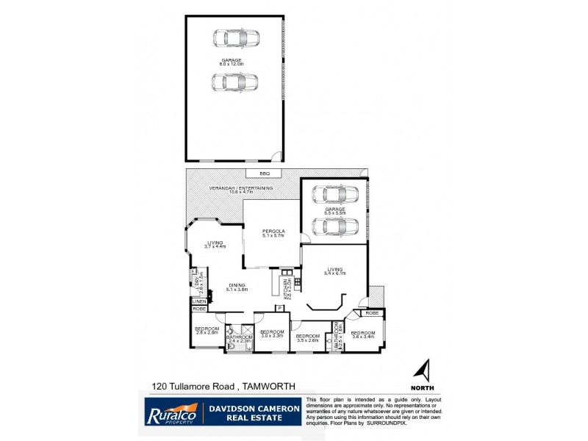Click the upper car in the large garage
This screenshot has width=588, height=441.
click(x=232, y=38)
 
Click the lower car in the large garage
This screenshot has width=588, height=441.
click(x=232, y=82)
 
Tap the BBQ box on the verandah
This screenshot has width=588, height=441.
click(x=264, y=173)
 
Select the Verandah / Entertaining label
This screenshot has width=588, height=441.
click(x=241, y=190)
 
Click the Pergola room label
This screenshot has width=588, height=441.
click(x=273, y=234)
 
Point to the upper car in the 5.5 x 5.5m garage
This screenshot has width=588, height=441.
click(x=334, y=196)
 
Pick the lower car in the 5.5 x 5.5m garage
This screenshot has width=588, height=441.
click(x=334, y=225)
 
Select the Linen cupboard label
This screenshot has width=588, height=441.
click(x=198, y=301)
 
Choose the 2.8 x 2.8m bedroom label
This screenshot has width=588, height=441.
click(x=207, y=331)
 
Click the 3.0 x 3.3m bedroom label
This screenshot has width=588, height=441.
click(x=271, y=333)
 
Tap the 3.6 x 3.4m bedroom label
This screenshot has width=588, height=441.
click(x=363, y=335)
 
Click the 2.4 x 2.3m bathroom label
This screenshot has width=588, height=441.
click(x=239, y=339)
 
